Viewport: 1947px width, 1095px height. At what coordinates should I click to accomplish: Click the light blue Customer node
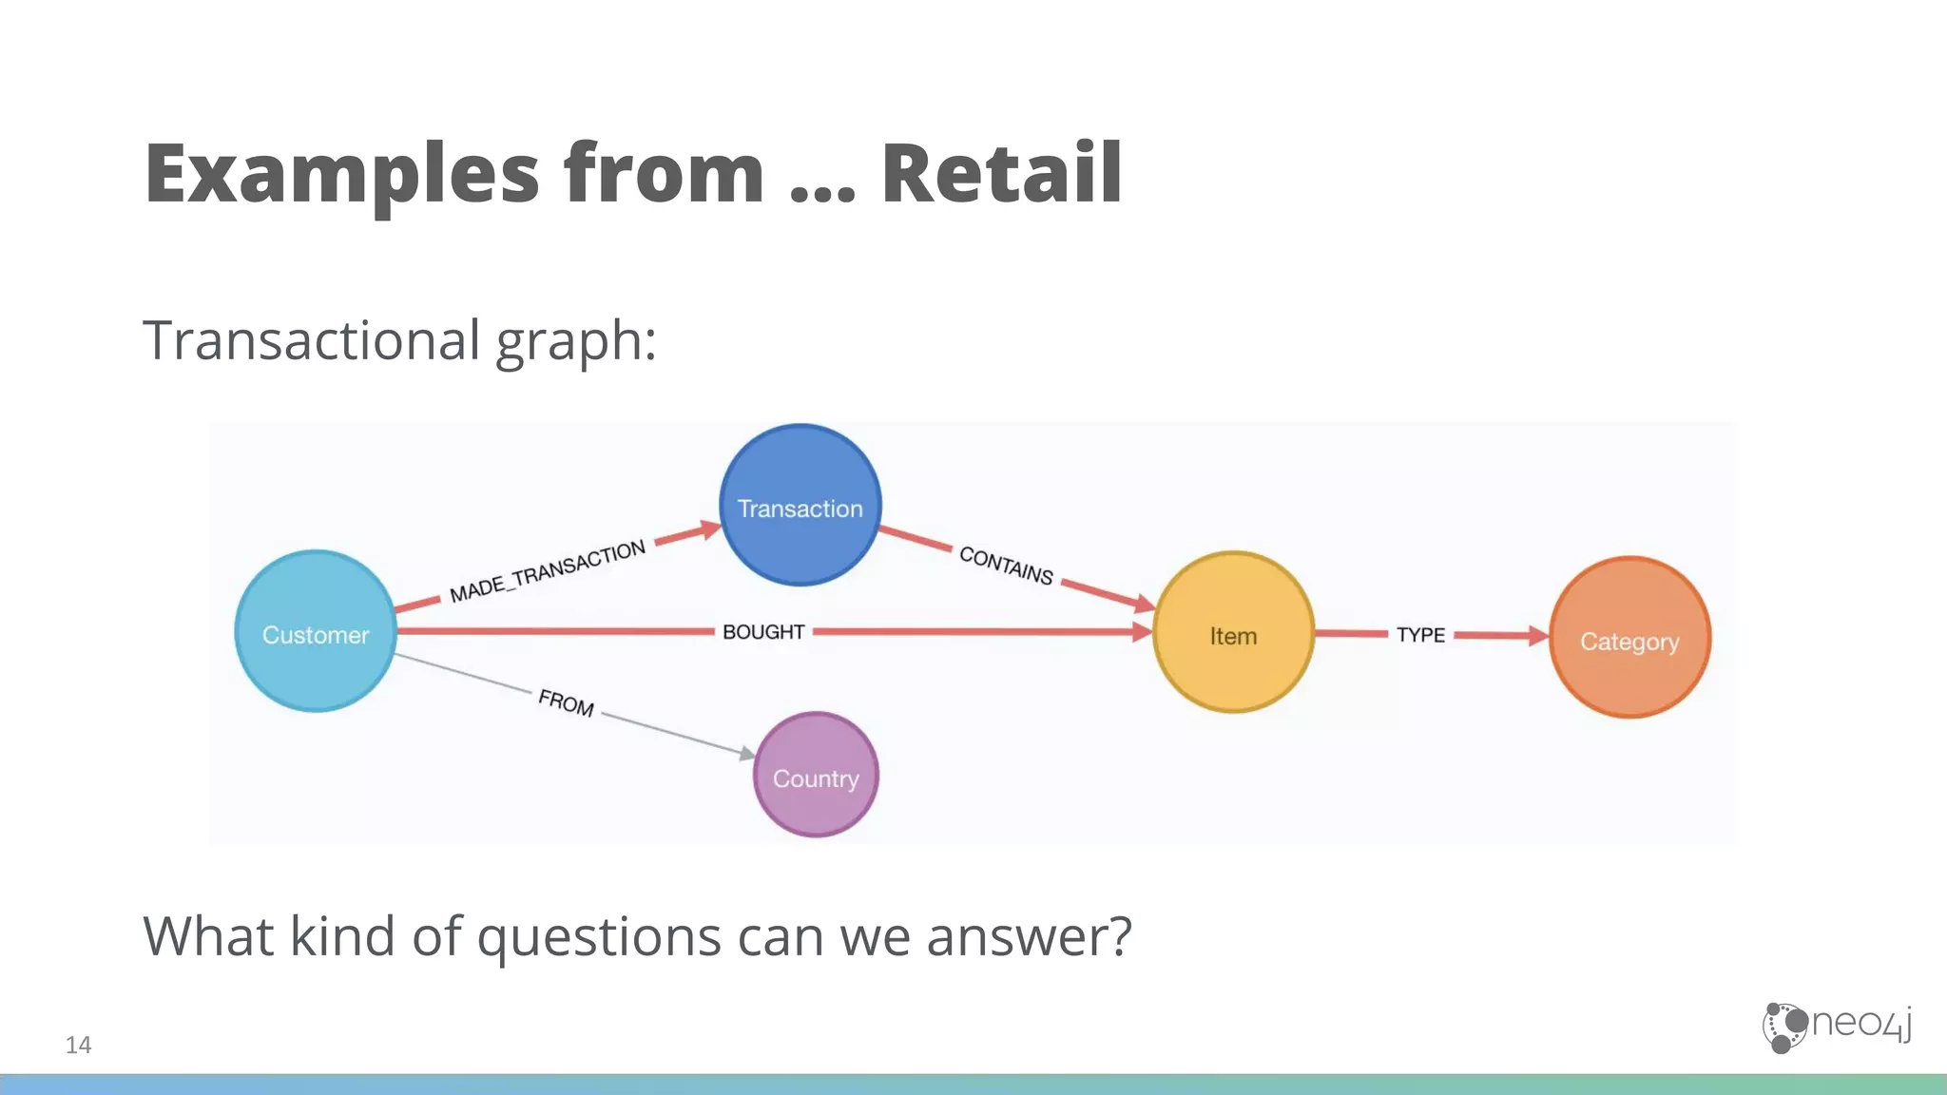pyautogui.click(x=316, y=632)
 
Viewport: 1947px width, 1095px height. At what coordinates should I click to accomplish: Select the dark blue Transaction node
pyautogui.click(x=800, y=506)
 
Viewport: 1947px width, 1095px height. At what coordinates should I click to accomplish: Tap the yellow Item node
pyautogui.click(x=1233, y=633)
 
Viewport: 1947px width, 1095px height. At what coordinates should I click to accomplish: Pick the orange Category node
pyautogui.click(x=1629, y=638)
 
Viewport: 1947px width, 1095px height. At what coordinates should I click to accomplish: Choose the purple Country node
pyautogui.click(x=816, y=776)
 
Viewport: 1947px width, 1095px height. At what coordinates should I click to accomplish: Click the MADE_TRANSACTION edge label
pyautogui.click(x=548, y=571)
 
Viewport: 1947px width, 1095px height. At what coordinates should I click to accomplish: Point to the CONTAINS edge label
pyautogui.click(x=1006, y=565)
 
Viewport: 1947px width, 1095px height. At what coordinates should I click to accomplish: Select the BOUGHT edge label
pyautogui.click(x=763, y=632)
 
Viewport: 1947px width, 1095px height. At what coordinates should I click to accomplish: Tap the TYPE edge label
pyautogui.click(x=1420, y=635)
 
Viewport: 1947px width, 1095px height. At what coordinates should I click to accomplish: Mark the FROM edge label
pyautogui.click(x=566, y=703)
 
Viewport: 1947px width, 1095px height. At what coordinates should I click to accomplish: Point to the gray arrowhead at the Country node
pyautogui.click(x=747, y=753)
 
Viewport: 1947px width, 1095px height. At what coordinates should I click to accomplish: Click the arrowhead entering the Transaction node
pyautogui.click(x=709, y=529)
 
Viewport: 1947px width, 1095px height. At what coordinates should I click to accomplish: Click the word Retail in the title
pyautogui.click(x=1002, y=173)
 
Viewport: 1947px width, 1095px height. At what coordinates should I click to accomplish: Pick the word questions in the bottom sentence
pyautogui.click(x=599, y=936)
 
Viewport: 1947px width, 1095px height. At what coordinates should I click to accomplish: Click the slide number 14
pyautogui.click(x=78, y=1045)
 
